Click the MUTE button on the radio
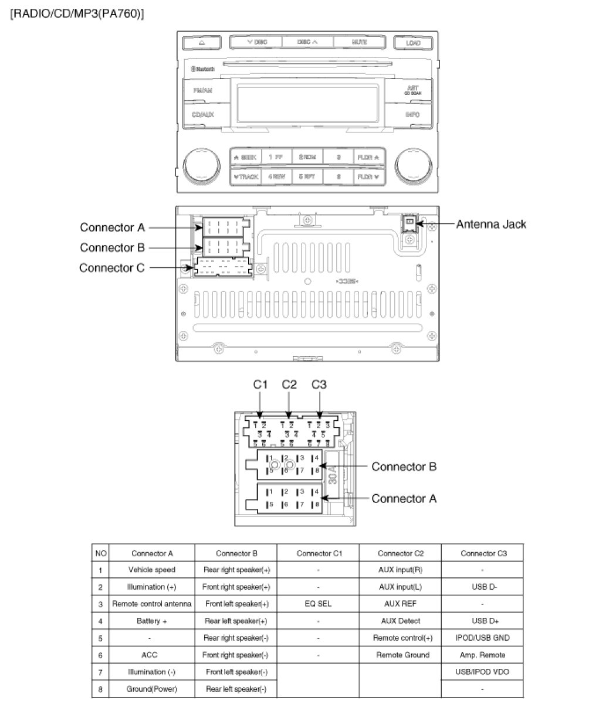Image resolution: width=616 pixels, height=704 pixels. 360,42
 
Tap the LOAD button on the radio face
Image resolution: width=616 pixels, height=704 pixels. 414,43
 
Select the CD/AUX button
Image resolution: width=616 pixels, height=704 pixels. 203,114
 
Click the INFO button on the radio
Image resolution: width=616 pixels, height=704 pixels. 412,114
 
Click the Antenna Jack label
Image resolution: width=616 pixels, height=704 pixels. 491,224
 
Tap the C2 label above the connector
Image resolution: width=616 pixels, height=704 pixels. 289,385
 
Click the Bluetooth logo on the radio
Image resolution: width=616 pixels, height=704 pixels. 202,69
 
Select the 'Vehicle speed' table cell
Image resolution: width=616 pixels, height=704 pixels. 152,570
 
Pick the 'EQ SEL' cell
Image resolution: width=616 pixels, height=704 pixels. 318,604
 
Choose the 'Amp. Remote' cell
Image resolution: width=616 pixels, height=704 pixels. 482,655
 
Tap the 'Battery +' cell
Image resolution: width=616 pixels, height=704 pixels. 152,621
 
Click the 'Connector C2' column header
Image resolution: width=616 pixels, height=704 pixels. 400,553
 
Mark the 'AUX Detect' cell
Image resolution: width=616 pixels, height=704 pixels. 400,621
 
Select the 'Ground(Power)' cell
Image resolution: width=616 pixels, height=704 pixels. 152,689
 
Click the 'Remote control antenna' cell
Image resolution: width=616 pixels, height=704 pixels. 152,604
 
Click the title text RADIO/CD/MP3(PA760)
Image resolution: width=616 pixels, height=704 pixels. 77,13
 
